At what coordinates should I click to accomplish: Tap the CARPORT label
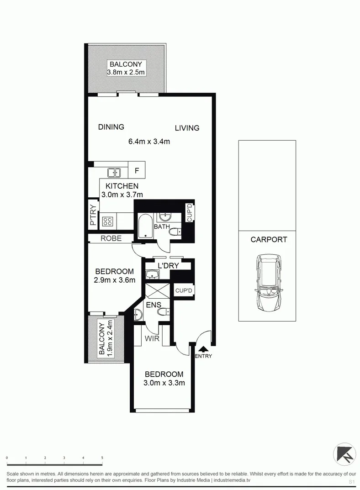click(269, 239)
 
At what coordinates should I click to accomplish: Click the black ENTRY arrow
click(202, 349)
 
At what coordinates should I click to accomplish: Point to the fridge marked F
click(137, 172)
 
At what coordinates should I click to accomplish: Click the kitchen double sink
click(113, 172)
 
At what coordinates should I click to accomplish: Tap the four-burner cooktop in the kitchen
click(108, 222)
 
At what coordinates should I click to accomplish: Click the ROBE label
click(111, 238)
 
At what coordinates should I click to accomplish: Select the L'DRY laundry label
click(168, 266)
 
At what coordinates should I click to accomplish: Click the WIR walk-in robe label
click(152, 339)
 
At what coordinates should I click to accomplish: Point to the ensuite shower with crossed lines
click(157, 290)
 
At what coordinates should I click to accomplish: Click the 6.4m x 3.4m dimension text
click(149, 142)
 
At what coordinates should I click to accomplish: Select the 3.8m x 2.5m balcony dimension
click(126, 72)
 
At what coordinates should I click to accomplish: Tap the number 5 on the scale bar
click(102, 458)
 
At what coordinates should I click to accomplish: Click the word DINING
click(111, 127)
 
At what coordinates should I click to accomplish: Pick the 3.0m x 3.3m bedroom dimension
click(164, 383)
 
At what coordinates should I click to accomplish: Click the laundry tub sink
click(152, 274)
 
